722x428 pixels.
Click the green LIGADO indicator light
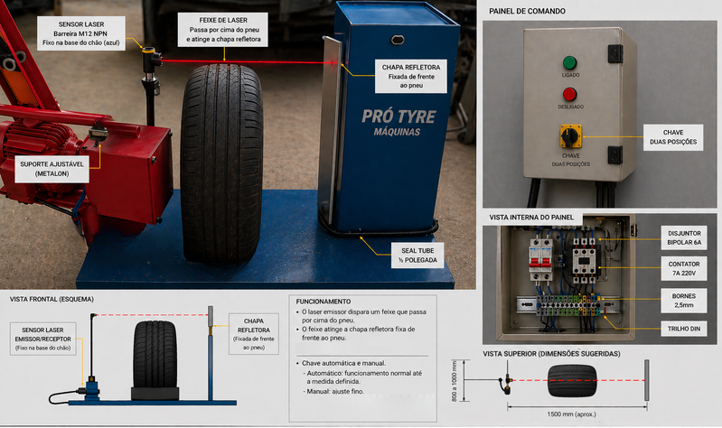(569, 63)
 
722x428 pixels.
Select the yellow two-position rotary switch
(568, 137)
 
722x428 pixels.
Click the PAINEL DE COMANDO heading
(527, 11)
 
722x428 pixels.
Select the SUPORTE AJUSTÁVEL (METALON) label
(52, 168)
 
